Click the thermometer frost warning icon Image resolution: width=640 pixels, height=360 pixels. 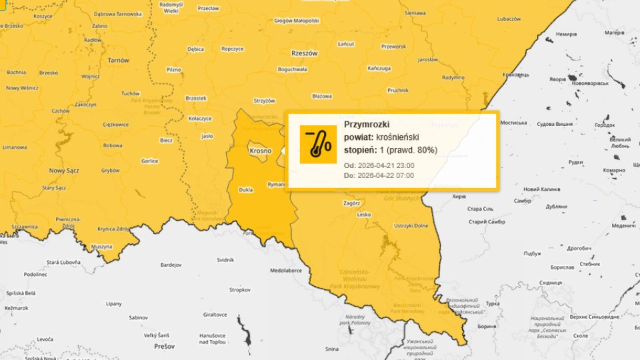pos(318,144)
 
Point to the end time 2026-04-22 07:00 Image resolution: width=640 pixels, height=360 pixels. pos(386,176)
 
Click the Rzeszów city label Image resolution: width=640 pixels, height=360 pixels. pos(305,53)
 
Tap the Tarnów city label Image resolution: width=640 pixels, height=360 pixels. pos(118,60)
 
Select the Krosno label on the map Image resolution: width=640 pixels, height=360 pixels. pos(260,151)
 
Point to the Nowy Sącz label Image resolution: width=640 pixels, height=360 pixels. pos(64,171)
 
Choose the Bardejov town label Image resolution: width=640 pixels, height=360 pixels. pos(170,265)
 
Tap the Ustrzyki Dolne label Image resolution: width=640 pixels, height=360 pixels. pos(411,226)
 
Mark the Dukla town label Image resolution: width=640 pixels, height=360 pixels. pos(245,190)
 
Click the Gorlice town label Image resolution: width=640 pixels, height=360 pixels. pos(149,161)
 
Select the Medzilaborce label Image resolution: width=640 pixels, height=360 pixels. pos(286,271)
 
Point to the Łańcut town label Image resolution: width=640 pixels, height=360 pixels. pos(346,44)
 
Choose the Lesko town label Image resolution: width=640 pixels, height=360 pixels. pos(363,215)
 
